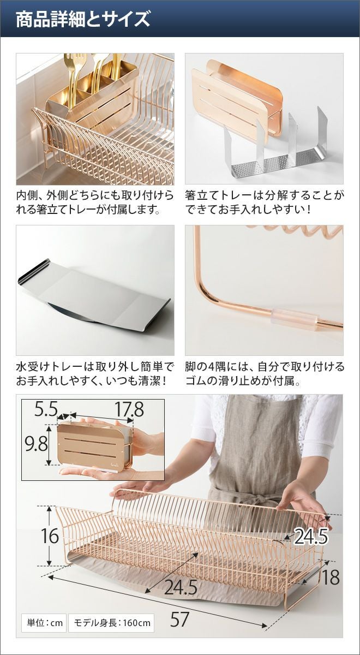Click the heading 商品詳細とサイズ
(83, 19)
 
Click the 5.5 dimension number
(46, 409)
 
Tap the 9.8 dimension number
(36, 444)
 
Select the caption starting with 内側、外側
(95, 202)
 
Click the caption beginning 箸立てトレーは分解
(264, 202)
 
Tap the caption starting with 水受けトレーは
(95, 373)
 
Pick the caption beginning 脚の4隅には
(264, 373)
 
